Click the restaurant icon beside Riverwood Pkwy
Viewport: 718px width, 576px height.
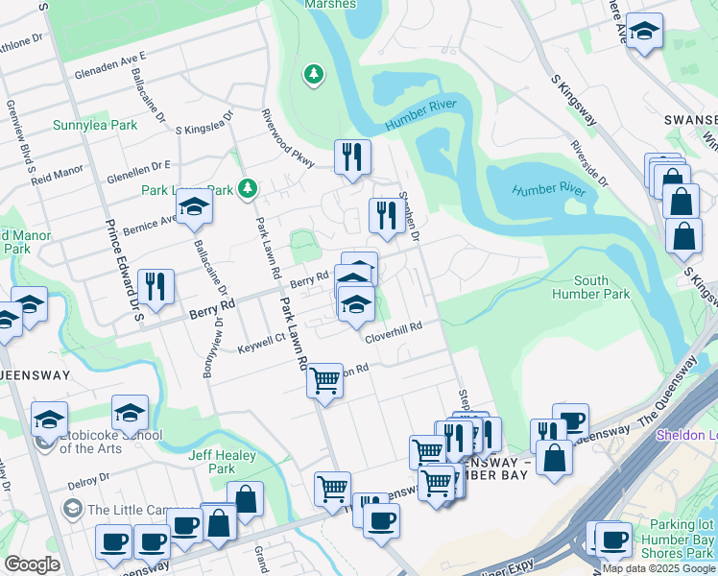point(352,156)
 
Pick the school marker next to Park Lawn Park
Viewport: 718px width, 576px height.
point(194,208)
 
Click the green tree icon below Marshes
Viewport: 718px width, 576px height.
point(313,74)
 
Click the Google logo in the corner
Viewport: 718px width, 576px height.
point(32,564)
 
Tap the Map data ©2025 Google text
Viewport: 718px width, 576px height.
point(658,568)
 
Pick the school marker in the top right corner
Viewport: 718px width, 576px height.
point(645,32)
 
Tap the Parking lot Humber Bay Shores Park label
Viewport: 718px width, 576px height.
point(678,539)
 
